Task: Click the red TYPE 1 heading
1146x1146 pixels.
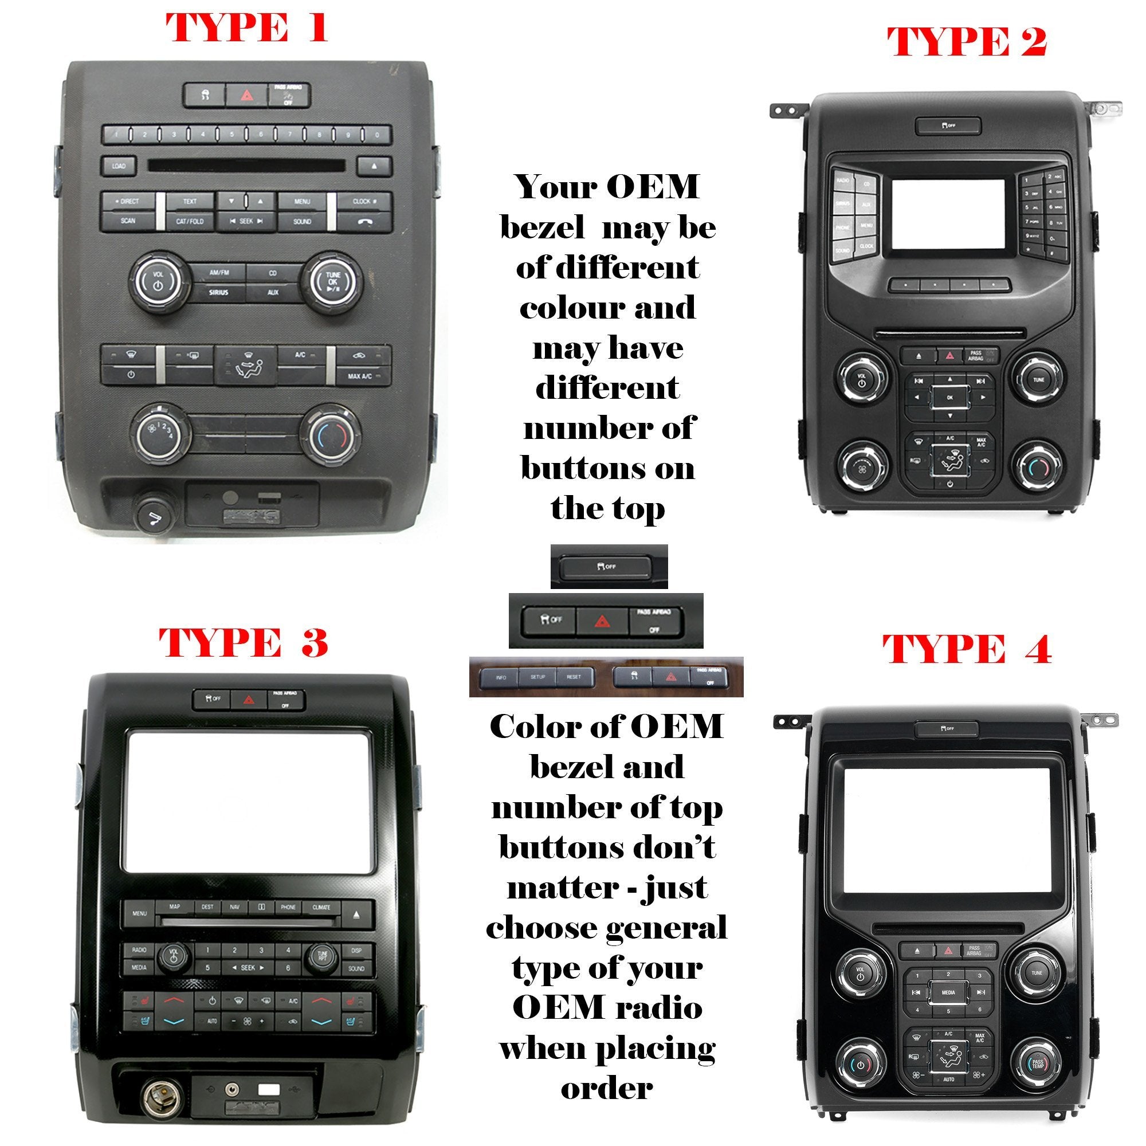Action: [x=246, y=28]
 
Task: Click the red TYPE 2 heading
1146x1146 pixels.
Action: [x=966, y=43]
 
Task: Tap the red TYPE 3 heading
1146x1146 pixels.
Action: [x=243, y=642]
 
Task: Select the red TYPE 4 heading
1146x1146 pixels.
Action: [x=967, y=649]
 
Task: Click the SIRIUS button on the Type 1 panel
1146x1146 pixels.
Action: [x=218, y=292]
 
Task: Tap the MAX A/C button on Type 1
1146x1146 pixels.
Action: [x=359, y=376]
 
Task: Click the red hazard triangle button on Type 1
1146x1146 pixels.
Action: [x=246, y=96]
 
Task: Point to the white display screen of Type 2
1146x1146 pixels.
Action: [x=948, y=214]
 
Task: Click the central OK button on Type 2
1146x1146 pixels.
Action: [x=949, y=398]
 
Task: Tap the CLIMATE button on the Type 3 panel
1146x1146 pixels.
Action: [x=321, y=907]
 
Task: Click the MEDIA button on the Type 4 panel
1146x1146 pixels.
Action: [x=948, y=992]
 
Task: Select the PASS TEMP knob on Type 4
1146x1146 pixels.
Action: [x=1038, y=1063]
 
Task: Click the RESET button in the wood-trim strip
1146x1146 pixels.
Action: [x=574, y=677]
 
